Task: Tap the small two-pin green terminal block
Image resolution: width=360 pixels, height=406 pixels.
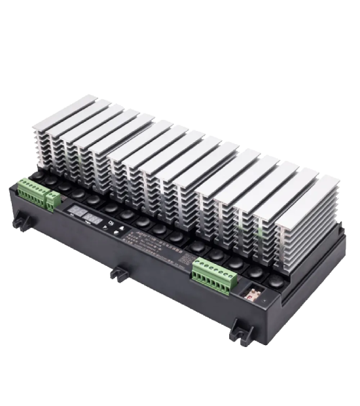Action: click(x=52, y=198)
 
